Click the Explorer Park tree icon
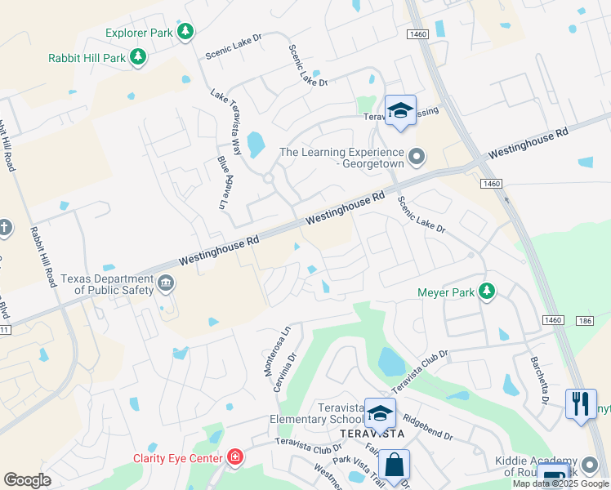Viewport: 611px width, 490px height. point(187,32)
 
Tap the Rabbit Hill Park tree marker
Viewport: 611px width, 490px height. point(139,56)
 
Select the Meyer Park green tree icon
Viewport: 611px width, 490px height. point(487,291)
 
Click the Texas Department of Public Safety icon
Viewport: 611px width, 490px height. point(166,283)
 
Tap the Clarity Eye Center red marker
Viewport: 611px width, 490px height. point(235,456)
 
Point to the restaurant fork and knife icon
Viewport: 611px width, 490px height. point(580,402)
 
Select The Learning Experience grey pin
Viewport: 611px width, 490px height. point(417,155)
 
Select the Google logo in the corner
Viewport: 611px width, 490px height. point(28,479)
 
